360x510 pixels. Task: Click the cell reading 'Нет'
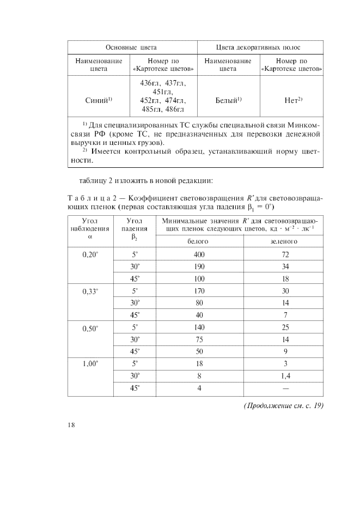click(292, 100)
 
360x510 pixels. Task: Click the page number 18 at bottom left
click(71, 426)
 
